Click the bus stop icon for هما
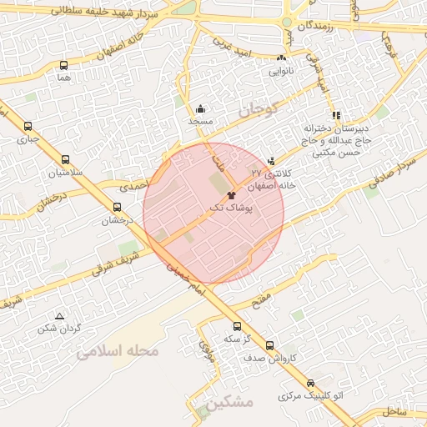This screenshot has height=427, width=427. [64, 65]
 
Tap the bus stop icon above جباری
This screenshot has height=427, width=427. [28, 128]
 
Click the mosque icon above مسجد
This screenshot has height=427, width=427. [200, 108]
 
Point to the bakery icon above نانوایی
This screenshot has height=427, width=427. [281, 58]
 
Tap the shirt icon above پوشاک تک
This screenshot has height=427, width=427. [231, 193]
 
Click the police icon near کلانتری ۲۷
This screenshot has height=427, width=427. [271, 162]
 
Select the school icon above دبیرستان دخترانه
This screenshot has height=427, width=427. [335, 116]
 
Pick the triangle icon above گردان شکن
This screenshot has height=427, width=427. [59, 316]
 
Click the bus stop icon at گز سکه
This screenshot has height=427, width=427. [237, 326]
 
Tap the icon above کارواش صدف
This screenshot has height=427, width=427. [269, 344]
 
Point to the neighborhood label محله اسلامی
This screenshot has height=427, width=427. [117, 352]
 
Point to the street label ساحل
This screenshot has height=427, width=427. [393, 411]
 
